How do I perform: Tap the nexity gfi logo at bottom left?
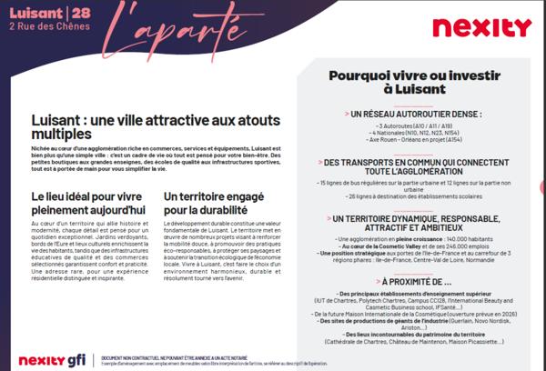pyautogui.click(x=52, y=360)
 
